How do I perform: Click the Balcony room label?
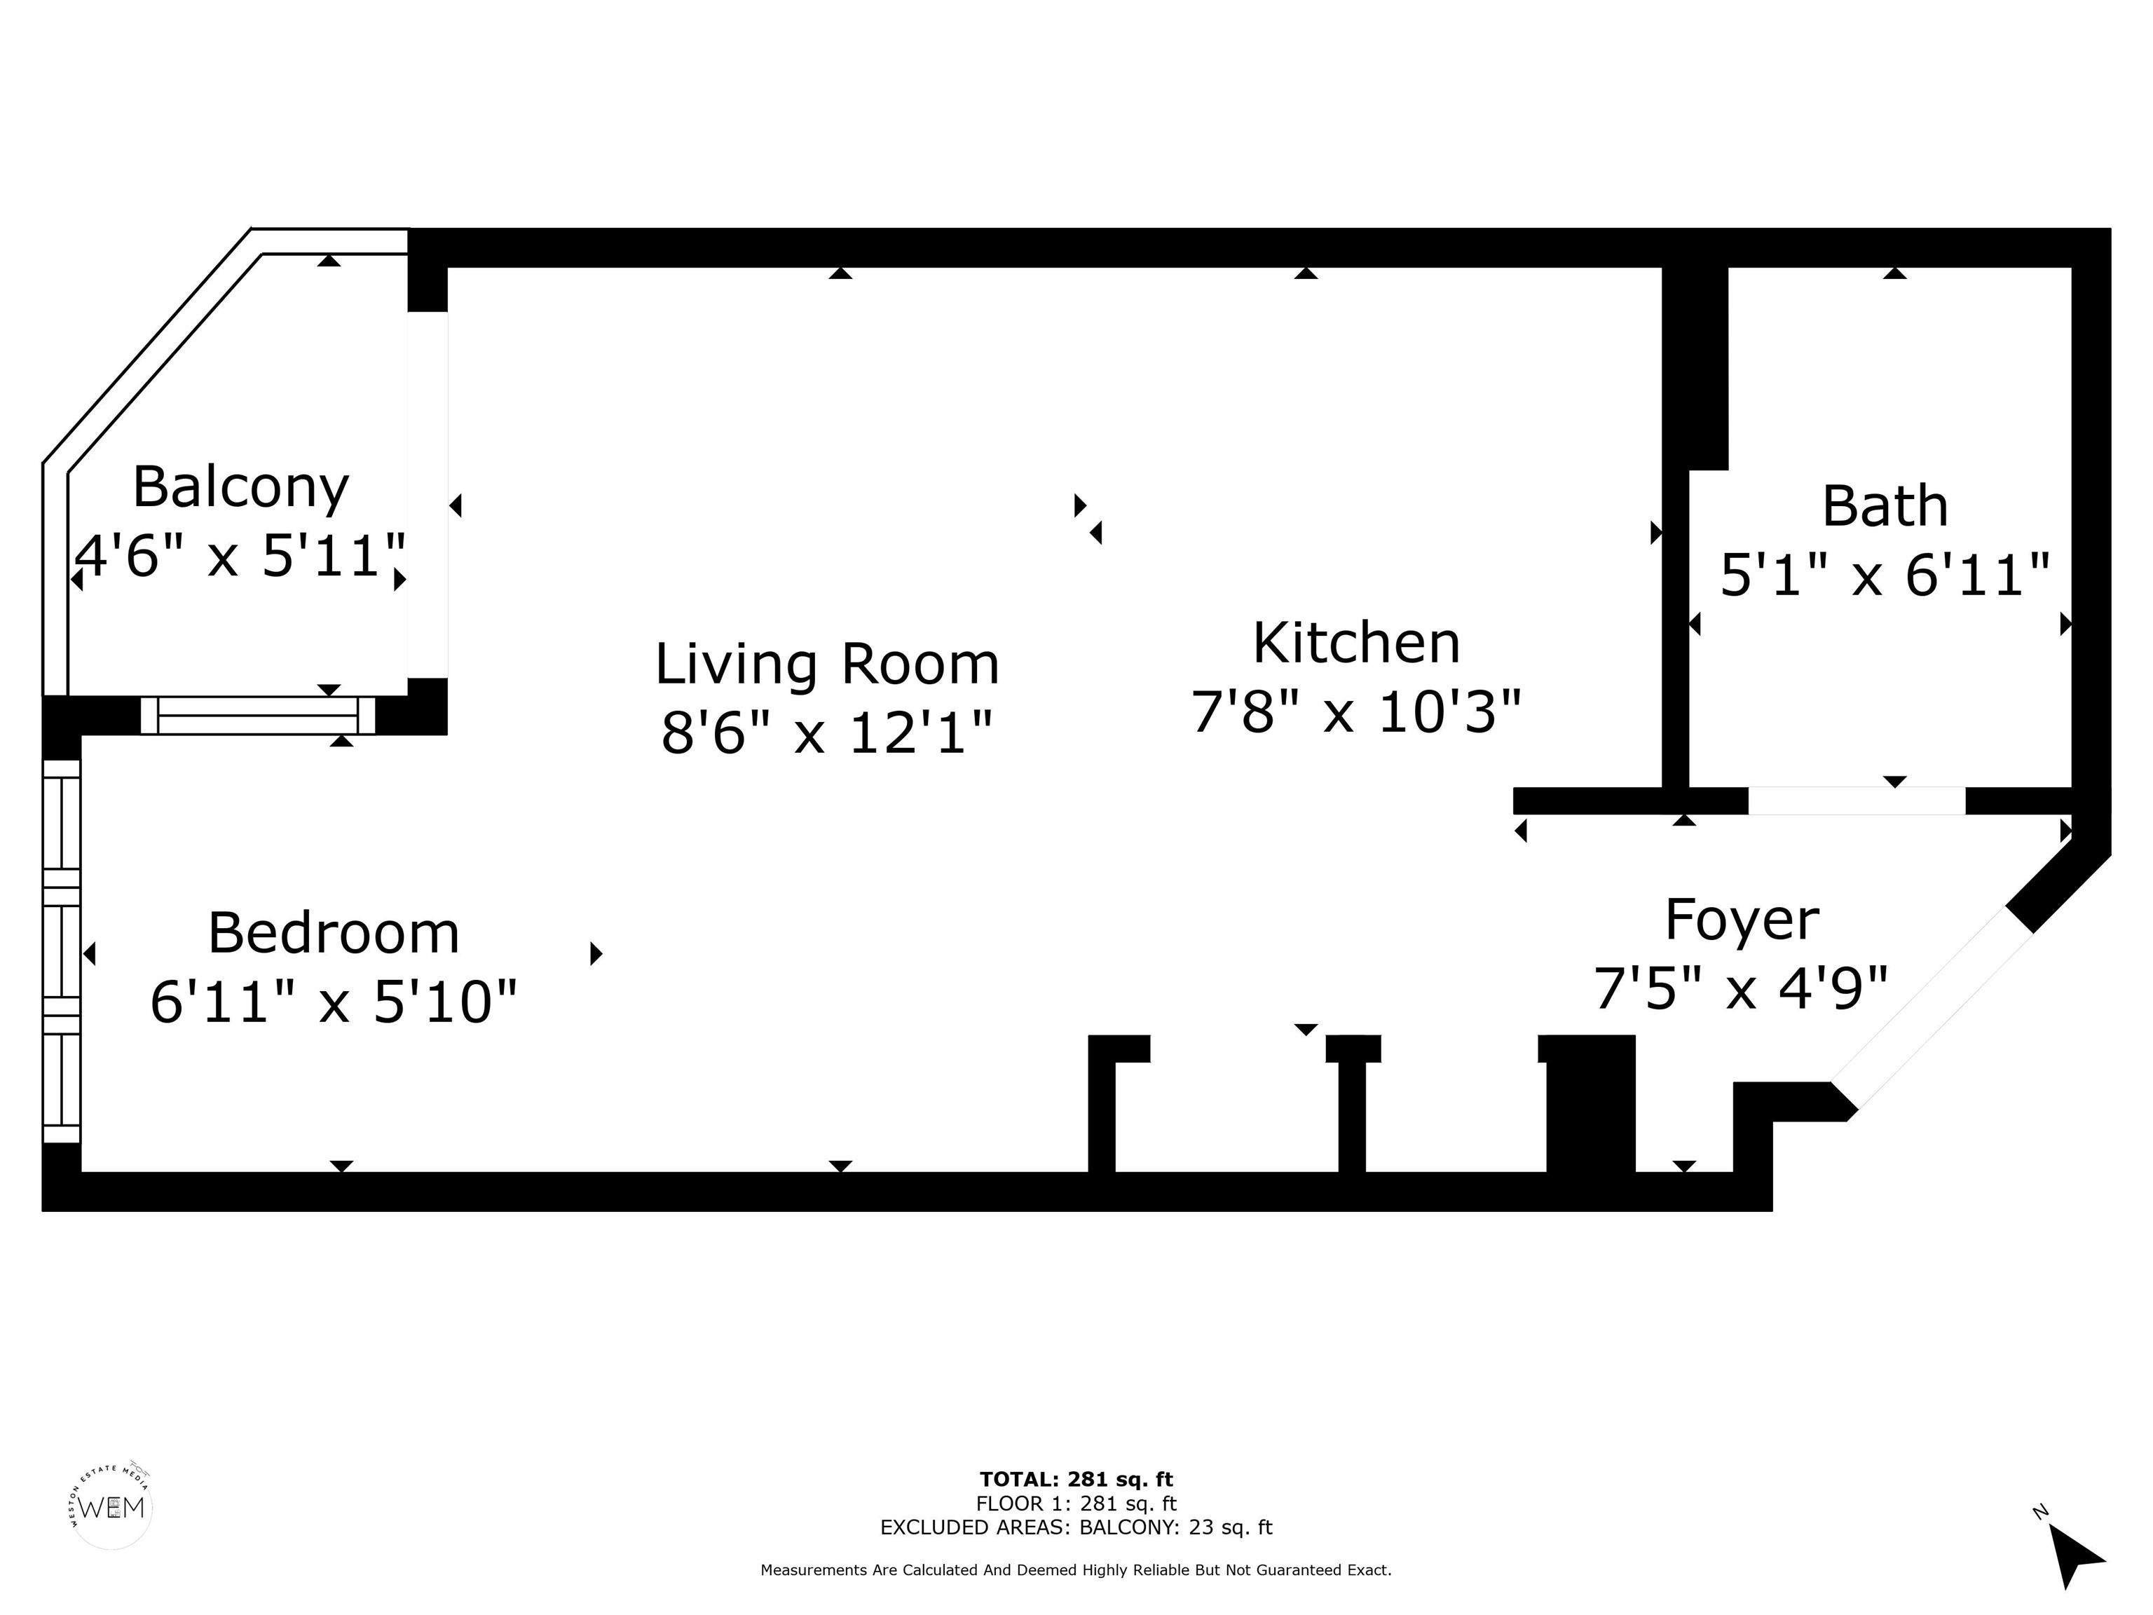pos(240,488)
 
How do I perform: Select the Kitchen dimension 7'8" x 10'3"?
pos(1356,711)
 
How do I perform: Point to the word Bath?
pos(1885,506)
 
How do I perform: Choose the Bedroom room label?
pos(334,932)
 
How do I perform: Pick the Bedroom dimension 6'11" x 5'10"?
pos(334,1002)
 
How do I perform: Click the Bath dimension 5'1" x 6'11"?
pos(1885,575)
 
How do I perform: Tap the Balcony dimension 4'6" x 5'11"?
pos(240,557)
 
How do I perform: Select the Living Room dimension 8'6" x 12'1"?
pos(826,732)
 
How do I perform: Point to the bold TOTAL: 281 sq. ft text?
pos(1076,1480)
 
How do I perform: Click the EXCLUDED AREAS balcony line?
pos(1076,1527)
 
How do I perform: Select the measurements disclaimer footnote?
pos(1076,1570)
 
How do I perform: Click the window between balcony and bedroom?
pos(258,716)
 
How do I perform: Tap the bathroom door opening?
pos(1857,801)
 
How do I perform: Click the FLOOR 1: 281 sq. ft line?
pos(1076,1504)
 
